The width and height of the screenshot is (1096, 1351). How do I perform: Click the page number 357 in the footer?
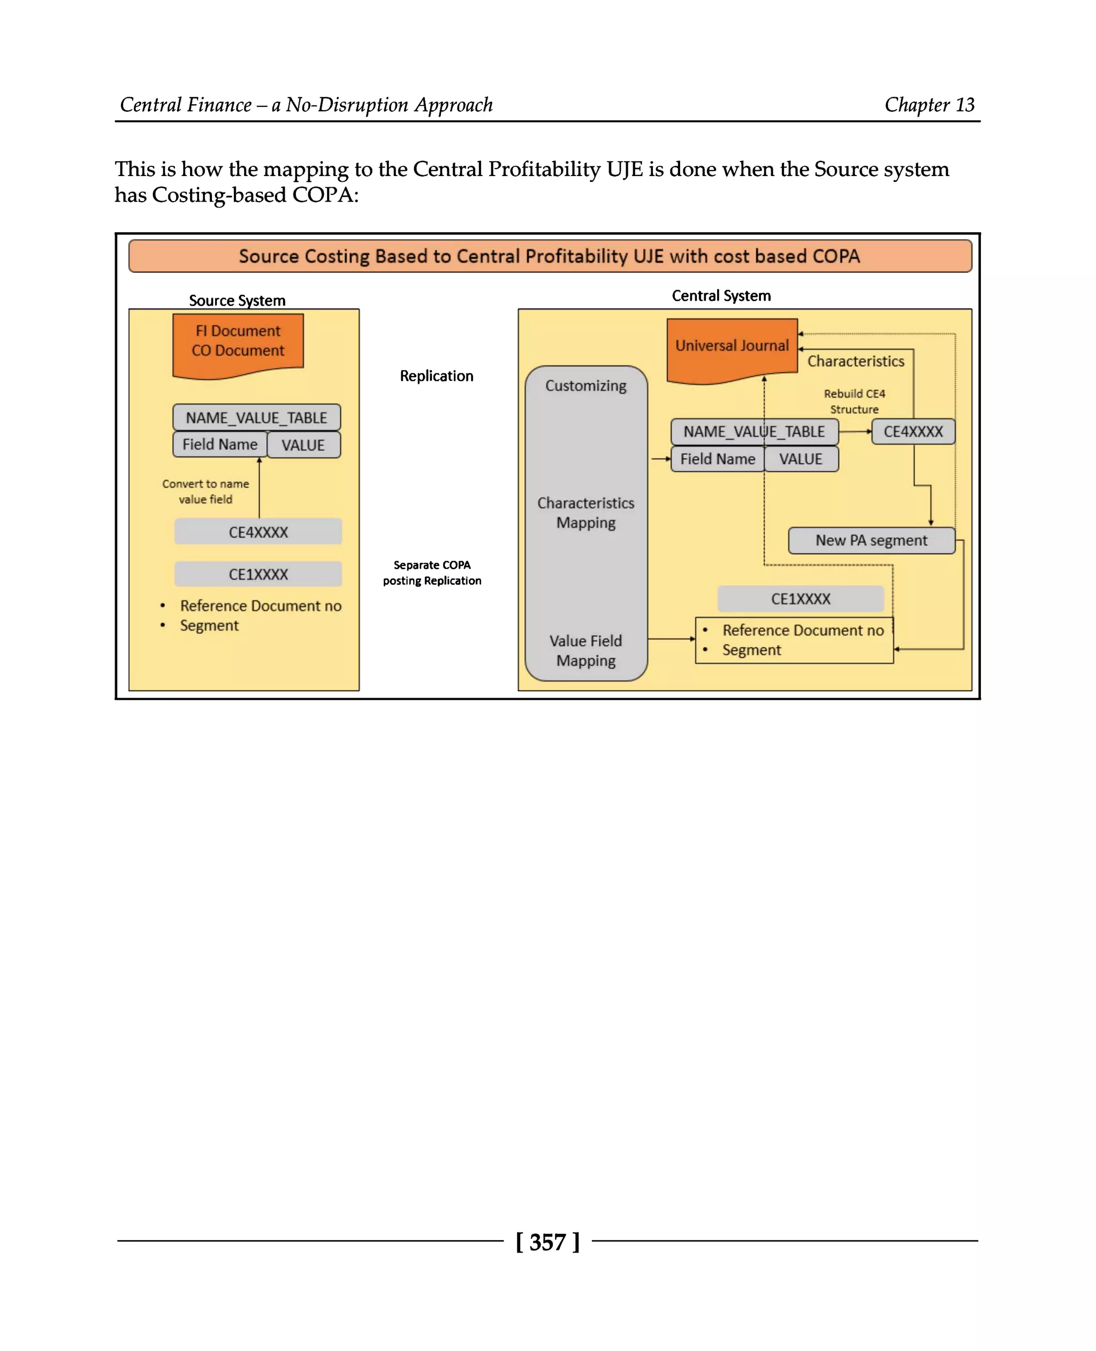click(547, 1242)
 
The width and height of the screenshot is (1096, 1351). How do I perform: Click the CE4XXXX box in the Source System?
click(258, 531)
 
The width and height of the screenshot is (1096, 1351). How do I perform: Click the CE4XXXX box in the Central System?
click(913, 432)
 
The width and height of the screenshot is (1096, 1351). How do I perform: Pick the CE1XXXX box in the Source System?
click(258, 574)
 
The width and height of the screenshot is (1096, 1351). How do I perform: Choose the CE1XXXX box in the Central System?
click(801, 599)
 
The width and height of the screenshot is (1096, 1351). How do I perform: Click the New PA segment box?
click(871, 540)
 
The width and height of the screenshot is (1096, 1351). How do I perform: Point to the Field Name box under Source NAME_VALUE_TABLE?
click(220, 445)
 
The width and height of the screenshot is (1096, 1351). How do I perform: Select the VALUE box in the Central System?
click(801, 459)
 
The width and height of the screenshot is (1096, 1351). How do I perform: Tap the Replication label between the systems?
click(436, 376)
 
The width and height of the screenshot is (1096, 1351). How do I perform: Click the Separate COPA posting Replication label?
click(432, 573)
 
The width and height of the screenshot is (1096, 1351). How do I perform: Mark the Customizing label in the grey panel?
click(586, 386)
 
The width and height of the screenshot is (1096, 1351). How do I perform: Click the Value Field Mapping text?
click(586, 650)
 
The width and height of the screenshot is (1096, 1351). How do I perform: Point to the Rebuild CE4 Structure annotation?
click(854, 401)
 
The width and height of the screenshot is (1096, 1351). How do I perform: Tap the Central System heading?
click(721, 295)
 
